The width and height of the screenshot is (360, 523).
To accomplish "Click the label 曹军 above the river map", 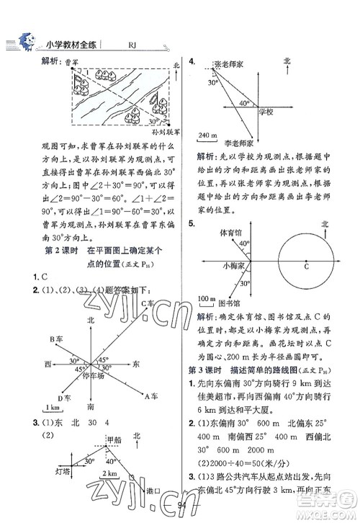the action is click(x=71, y=63).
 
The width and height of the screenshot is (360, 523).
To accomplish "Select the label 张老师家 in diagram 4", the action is click(x=231, y=64).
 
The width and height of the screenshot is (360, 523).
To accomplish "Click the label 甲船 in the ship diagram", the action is click(x=114, y=439).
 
